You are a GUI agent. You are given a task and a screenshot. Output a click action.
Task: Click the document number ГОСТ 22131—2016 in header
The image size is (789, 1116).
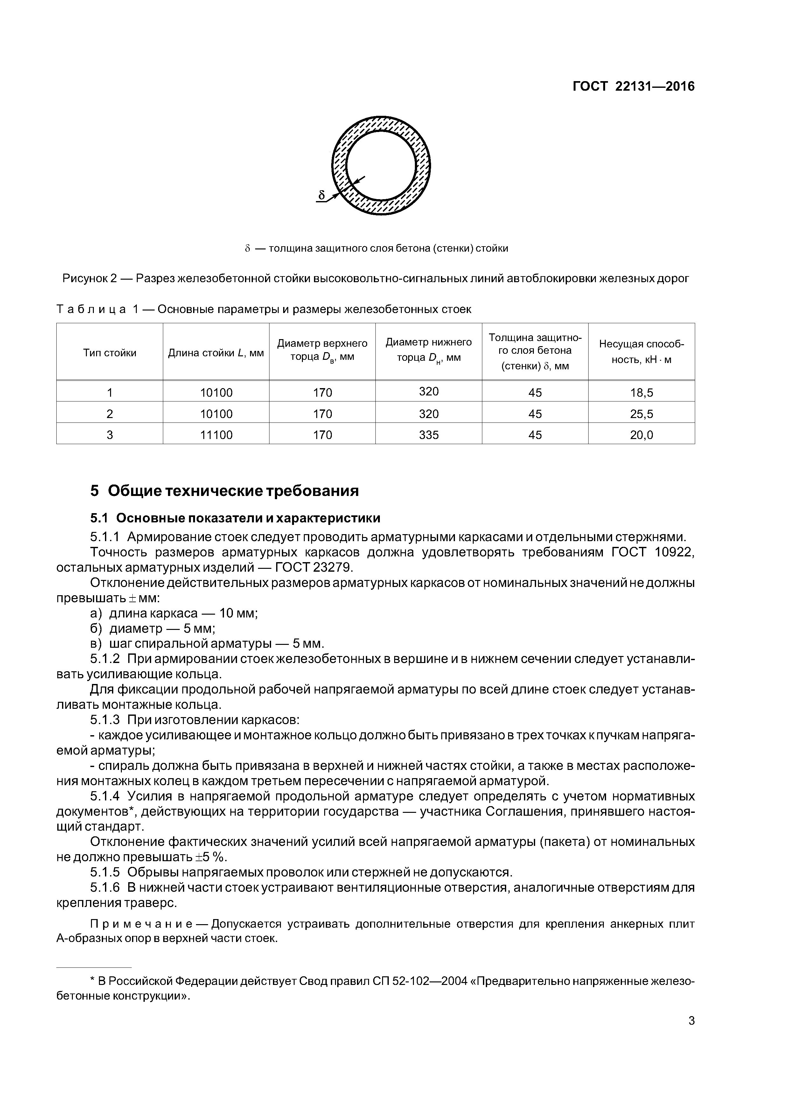[x=633, y=87]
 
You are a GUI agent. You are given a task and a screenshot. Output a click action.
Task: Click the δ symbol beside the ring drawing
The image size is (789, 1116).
[x=321, y=195]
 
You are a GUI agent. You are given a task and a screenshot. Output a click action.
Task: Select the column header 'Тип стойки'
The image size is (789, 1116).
[x=109, y=353]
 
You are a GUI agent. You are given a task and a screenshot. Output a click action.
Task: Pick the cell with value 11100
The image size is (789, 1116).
[x=216, y=435]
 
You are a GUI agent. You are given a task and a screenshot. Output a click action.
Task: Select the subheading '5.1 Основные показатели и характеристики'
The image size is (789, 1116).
[x=235, y=518]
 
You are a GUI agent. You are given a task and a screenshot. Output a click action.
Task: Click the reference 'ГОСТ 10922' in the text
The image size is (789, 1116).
[x=653, y=553]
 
